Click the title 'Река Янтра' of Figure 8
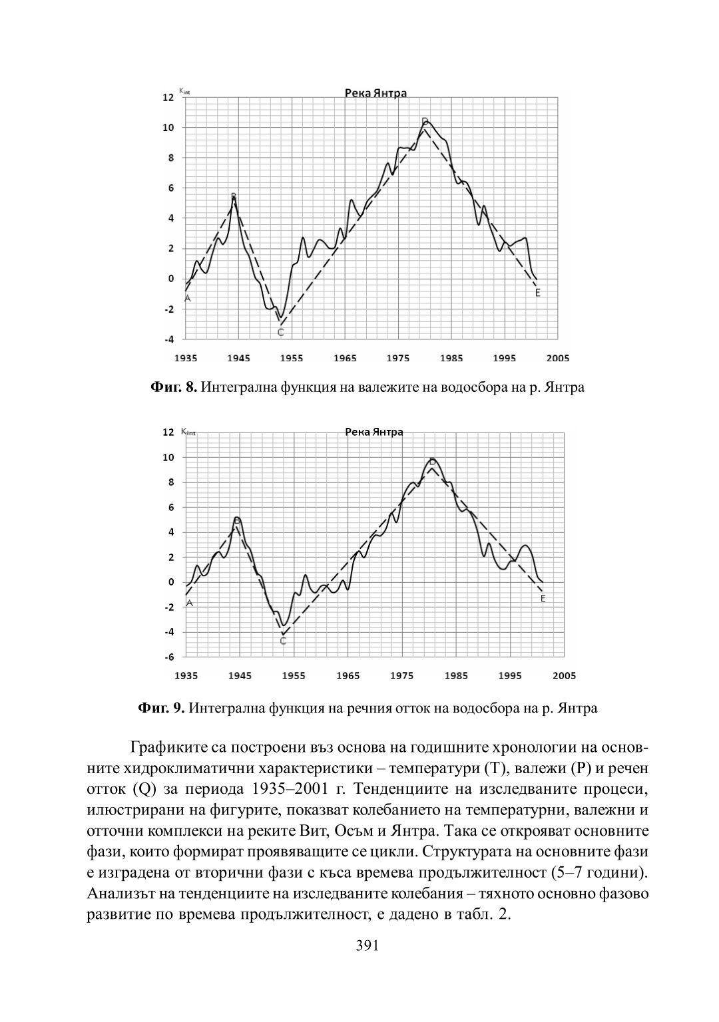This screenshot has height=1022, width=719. tap(375, 93)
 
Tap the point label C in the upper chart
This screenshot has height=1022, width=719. tap(280, 332)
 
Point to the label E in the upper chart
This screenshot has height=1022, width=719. tap(538, 293)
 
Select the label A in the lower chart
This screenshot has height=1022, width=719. tap(190, 603)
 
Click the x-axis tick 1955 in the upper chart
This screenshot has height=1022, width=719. tap(292, 358)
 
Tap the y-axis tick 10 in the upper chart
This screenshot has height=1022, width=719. tap(170, 128)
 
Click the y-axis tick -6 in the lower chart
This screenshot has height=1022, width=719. tap(170, 657)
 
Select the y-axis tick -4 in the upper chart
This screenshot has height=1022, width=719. tap(170, 339)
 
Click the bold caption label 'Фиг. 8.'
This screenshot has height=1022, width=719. tap(173, 387)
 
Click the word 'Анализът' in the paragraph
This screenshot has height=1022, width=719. tap(120, 893)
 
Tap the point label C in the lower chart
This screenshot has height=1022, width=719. tap(283, 641)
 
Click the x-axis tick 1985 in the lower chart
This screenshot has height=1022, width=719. tap(455, 675)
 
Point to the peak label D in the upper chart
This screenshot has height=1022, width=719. tap(424, 121)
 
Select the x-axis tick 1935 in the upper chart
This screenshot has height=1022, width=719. tap(186, 358)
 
